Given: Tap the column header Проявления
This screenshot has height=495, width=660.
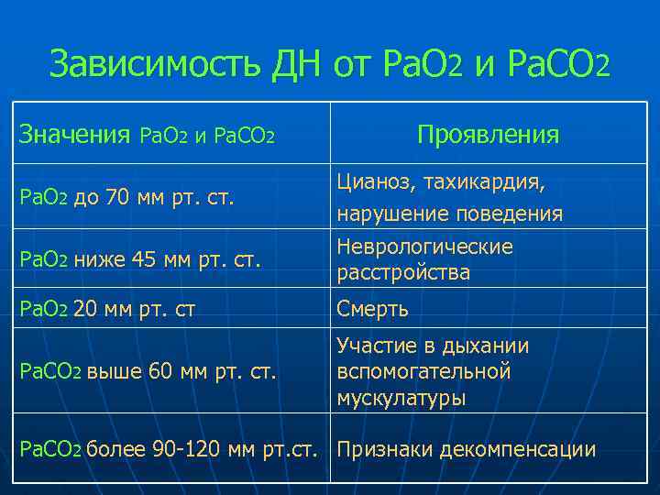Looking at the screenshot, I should pos(487,136).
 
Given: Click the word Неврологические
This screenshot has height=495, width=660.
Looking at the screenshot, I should pos(425,247).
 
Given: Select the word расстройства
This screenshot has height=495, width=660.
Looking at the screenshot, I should pos(402,273).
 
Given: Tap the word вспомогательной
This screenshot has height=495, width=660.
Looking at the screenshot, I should pos(423,372).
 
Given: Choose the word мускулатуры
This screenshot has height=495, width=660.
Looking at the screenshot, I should pos(401,398).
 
